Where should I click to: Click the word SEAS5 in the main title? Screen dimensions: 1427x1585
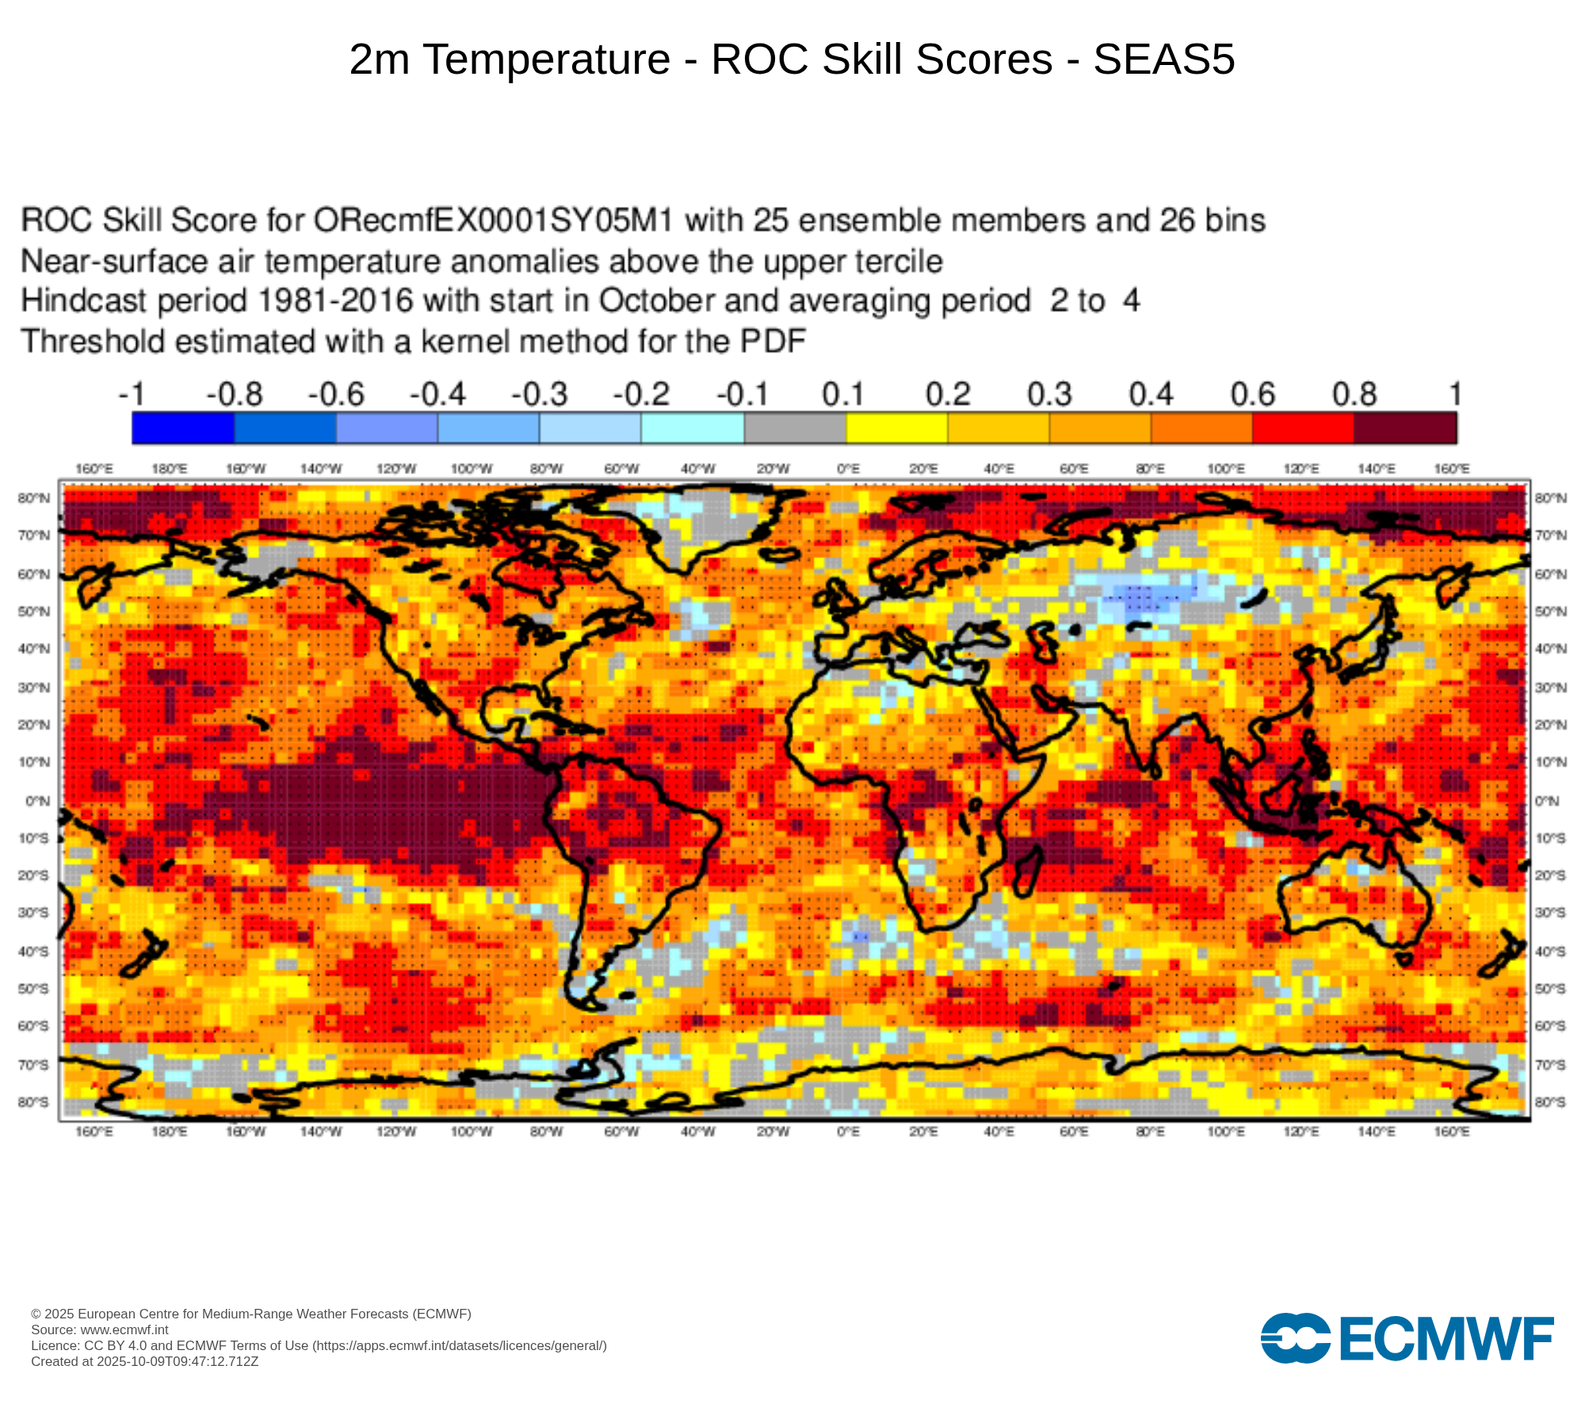(x=1163, y=59)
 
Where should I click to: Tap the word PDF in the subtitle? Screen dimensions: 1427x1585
(x=773, y=342)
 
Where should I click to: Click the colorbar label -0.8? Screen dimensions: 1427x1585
(x=235, y=395)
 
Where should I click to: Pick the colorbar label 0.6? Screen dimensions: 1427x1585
(x=1253, y=395)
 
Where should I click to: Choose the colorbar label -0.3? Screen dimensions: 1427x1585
(x=540, y=395)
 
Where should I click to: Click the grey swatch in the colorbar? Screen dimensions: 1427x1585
(x=795, y=428)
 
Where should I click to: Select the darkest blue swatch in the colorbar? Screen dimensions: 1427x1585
(x=183, y=428)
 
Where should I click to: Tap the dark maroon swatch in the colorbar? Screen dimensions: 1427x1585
(x=1405, y=428)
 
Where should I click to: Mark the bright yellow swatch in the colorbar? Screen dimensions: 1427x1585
(x=897, y=428)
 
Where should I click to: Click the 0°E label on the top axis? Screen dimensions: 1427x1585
(x=848, y=469)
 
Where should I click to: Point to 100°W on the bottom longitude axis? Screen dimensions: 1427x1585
(x=472, y=1131)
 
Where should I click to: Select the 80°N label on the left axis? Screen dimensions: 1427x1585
(x=34, y=499)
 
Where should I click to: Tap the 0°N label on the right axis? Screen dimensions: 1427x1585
(x=1547, y=801)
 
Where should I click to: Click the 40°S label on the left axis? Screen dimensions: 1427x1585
(x=34, y=951)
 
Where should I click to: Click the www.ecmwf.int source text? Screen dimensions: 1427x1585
(x=124, y=1329)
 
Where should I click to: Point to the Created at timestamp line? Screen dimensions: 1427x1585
(x=144, y=1361)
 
